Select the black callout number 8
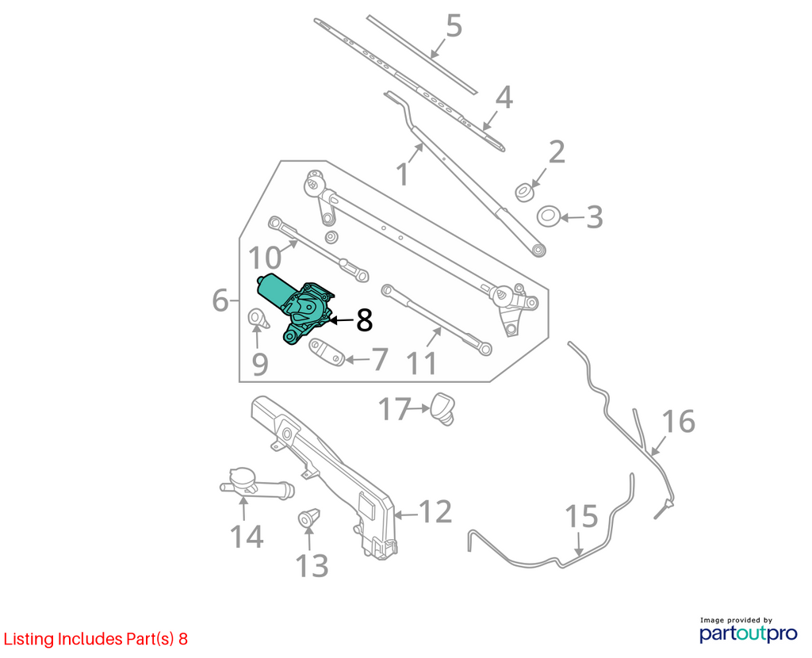[x=365, y=320]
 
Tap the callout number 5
[x=454, y=26]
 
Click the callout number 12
[x=435, y=511]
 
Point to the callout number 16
[x=679, y=421]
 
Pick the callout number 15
[x=581, y=516]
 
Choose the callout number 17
[x=395, y=409]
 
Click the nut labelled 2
[x=525, y=192]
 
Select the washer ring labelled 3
[x=549, y=216]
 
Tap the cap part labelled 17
[x=442, y=408]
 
